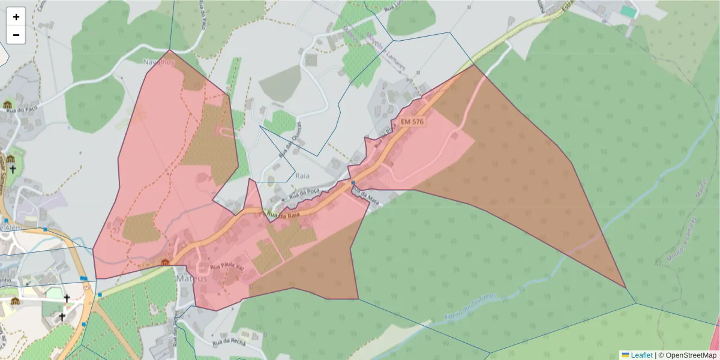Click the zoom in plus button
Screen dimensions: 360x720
click(16, 17)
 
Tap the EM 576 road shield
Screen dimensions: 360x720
click(413, 122)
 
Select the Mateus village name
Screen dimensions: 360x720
click(191, 279)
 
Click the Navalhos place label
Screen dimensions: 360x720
click(158, 62)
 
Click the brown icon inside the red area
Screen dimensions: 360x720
click(165, 262)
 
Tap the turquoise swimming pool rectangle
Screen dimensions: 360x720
click(628, 11)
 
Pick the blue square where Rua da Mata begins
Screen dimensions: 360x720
click(353, 183)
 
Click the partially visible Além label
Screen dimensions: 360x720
click(12, 228)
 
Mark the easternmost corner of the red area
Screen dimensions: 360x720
click(626, 288)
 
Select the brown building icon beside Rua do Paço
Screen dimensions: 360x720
click(8, 105)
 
